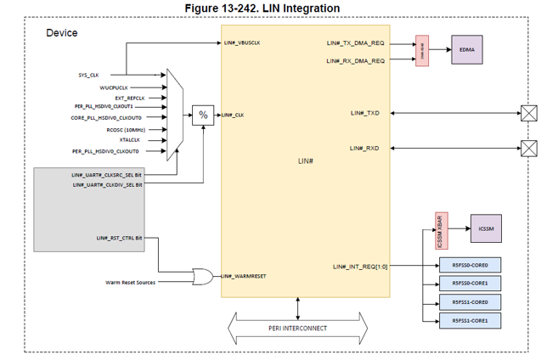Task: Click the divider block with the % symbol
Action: (x=202, y=115)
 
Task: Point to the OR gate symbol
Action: (x=204, y=276)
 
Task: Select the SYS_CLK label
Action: (x=89, y=75)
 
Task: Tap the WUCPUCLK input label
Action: (x=114, y=87)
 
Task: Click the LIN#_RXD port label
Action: (x=364, y=149)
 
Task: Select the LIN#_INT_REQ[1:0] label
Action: (x=359, y=267)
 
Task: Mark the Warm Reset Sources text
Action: (x=130, y=282)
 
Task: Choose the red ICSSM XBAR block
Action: (x=441, y=230)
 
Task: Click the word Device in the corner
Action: (x=61, y=33)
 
